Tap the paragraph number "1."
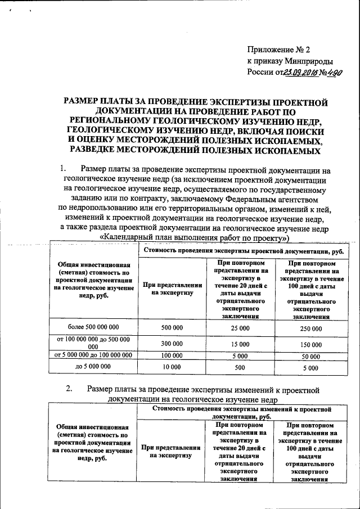(63, 169)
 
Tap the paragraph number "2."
(69, 389)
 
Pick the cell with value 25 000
(240, 327)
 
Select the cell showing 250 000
(310, 327)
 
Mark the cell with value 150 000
(310, 344)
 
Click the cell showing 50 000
(310, 356)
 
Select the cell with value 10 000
(172, 367)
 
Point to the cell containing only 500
(240, 367)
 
